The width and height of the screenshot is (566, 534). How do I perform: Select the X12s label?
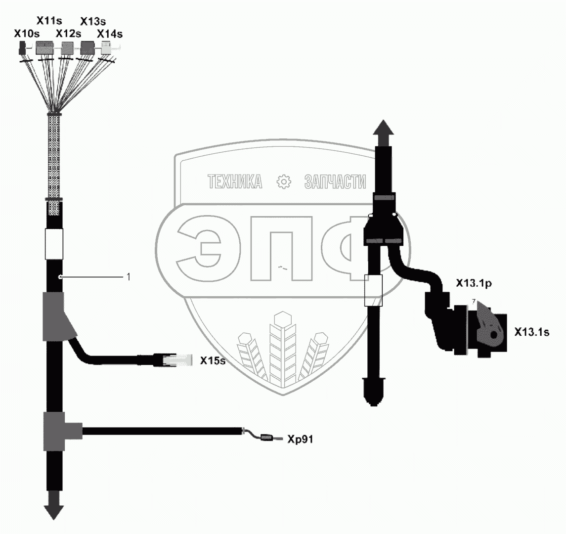[x=68, y=34]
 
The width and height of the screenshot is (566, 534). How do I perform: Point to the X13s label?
[x=92, y=21]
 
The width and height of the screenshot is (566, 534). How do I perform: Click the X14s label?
[x=109, y=34]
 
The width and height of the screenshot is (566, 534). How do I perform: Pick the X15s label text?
[x=213, y=361]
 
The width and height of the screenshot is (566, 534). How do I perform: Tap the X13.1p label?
[x=473, y=284]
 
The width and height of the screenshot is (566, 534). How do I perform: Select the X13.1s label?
[x=531, y=332]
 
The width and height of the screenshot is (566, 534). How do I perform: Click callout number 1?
[x=129, y=277]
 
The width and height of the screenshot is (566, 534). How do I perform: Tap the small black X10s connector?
[x=22, y=48]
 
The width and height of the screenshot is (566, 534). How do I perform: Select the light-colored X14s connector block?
[x=106, y=47]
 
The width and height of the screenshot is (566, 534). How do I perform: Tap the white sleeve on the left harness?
[x=54, y=244]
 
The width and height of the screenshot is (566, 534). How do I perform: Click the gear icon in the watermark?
[x=284, y=182]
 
